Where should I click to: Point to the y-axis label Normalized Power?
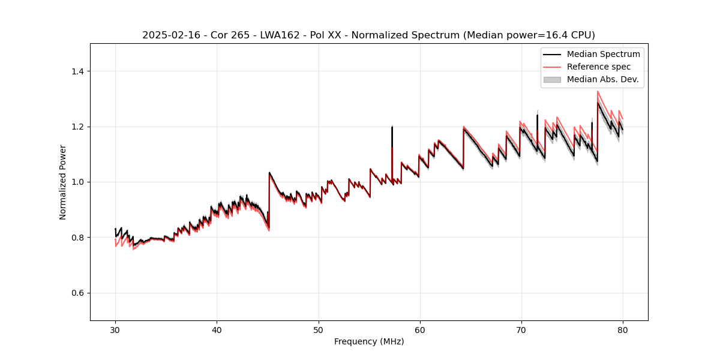(62, 182)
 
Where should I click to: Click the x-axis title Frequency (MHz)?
(369, 341)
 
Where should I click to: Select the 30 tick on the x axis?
(115, 329)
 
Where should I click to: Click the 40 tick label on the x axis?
(217, 329)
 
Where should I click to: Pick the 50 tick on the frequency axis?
(318, 329)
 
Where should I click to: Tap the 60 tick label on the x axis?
(419, 329)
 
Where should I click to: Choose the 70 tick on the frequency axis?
(521, 329)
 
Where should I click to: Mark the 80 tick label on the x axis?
(622, 329)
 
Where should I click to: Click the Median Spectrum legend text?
(603, 54)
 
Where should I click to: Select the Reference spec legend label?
(598, 67)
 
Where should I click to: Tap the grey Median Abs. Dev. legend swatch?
(551, 79)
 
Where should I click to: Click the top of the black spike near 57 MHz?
(392, 127)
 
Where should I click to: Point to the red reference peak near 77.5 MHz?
(598, 92)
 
